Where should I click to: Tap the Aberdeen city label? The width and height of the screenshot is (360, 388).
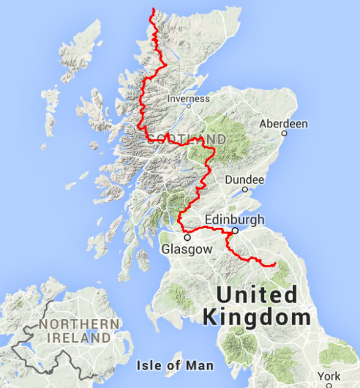click(284, 124)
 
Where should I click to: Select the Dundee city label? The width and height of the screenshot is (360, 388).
click(245, 180)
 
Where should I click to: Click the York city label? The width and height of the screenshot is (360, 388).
click(328, 376)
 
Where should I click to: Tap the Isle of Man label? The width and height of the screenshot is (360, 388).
click(175, 366)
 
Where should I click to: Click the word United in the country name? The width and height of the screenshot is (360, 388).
click(256, 295)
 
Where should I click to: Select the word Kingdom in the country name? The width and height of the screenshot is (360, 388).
click(256, 318)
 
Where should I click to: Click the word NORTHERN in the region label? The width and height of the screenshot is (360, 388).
click(78, 324)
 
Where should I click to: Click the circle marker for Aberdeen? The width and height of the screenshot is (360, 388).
click(284, 133)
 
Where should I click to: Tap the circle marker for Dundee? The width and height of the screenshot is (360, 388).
click(245, 189)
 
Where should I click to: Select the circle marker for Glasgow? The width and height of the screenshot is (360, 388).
click(187, 237)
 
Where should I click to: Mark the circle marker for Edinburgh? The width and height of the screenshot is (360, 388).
click(235, 231)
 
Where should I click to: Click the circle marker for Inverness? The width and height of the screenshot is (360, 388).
click(189, 105)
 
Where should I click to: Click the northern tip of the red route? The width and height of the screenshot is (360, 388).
click(153, 9)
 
